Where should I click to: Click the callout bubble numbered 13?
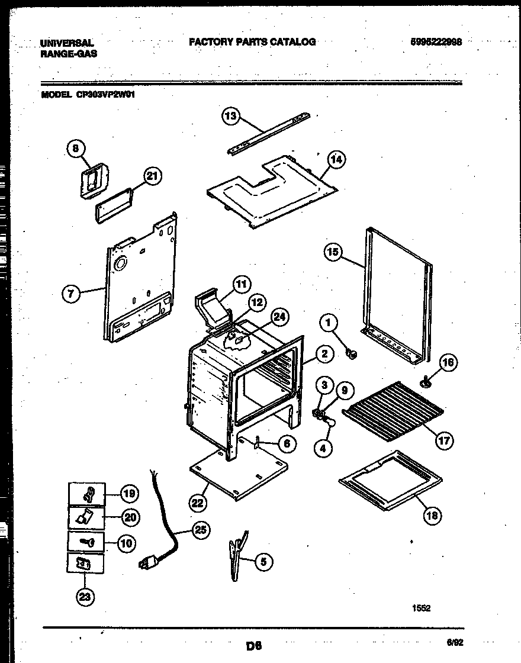[x=231, y=116]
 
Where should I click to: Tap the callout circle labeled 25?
[x=201, y=530]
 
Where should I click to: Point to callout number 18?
[x=433, y=516]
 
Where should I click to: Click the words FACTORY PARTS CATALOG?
[x=252, y=42]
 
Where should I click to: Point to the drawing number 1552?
[x=422, y=608]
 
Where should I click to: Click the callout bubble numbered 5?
[x=263, y=562]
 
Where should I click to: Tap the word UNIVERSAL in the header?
[x=67, y=43]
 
